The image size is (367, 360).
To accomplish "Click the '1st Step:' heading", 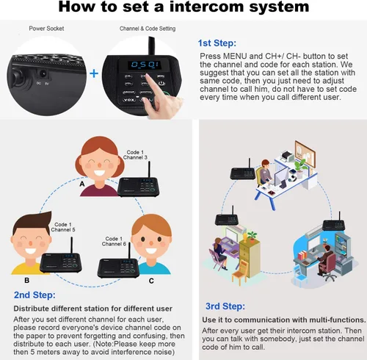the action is pyautogui.click(x=217, y=43).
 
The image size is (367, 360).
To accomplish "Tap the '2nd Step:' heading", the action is pyautogui.click(x=34, y=295).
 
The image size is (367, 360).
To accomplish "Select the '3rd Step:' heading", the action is pyautogui.click(x=225, y=306).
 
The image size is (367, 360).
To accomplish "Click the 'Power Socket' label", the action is pyautogui.click(x=46, y=29).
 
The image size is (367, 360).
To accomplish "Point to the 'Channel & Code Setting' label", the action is pyautogui.click(x=148, y=29).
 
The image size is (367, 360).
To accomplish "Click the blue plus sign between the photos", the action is pyautogui.click(x=94, y=73).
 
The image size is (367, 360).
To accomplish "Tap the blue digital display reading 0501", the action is pyautogui.click(x=145, y=65).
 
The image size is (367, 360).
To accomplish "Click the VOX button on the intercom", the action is pyautogui.click(x=128, y=100).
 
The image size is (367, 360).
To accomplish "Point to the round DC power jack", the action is pyautogui.click(x=43, y=73).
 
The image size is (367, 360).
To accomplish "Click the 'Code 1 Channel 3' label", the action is pyautogui.click(x=135, y=155).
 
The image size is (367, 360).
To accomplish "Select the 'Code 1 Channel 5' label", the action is pyautogui.click(x=63, y=227).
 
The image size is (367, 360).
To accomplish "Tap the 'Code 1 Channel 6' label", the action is pyautogui.click(x=114, y=241).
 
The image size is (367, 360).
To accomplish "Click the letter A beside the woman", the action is pyautogui.click(x=82, y=184).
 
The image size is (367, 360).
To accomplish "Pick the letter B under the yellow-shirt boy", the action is pyautogui.click(x=27, y=281).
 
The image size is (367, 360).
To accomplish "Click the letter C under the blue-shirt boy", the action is pyautogui.click(x=151, y=281).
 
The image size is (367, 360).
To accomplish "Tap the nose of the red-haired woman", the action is pyautogui.click(x=99, y=165).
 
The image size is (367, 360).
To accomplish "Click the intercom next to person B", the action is pyautogui.click(x=61, y=260).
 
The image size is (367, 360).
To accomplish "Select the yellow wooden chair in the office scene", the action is pyautogui.click(x=240, y=273).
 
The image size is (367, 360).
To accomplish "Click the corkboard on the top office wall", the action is pyautogui.click(x=305, y=152).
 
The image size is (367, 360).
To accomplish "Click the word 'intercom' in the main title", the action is pyautogui.click(x=207, y=7).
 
